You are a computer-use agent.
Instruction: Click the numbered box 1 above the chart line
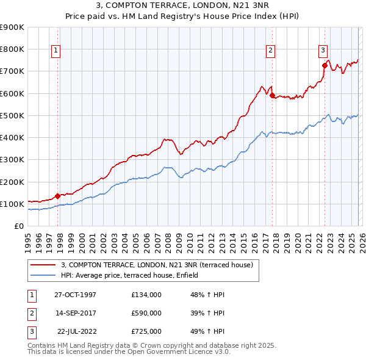pyautogui.click(x=56, y=51)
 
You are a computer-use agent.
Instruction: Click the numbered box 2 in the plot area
pyautogui.click(x=270, y=51)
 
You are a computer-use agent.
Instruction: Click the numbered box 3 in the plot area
pyautogui.click(x=322, y=51)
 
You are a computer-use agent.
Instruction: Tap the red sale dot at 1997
pyautogui.click(x=58, y=196)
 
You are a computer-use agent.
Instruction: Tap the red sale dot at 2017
pyautogui.click(x=272, y=95)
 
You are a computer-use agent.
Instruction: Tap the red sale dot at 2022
pyautogui.click(x=325, y=65)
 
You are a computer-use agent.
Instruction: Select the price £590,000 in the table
pyautogui.click(x=146, y=313)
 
